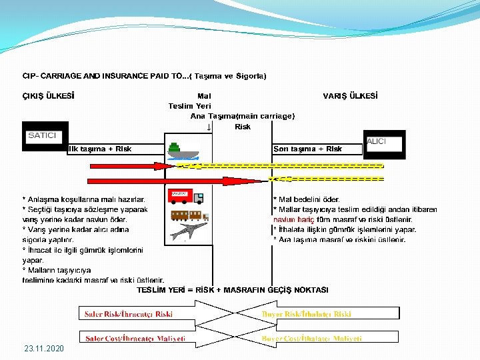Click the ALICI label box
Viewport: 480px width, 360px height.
(377, 141)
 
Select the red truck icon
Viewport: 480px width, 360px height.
(187, 196)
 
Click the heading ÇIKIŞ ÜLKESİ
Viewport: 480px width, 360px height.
(48, 95)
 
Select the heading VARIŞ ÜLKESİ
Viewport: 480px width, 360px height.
(350, 95)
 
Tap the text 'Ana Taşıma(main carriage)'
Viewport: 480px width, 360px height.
(242, 116)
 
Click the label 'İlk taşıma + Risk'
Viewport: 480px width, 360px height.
(99, 149)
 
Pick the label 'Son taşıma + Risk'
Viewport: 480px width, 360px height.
(308, 149)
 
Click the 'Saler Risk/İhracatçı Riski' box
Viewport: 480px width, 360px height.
(129, 313)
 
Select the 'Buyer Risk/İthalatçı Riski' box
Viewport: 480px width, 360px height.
(306, 313)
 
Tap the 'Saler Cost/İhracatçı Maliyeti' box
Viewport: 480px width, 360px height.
(134, 339)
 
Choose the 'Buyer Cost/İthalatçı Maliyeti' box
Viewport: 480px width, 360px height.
(311, 339)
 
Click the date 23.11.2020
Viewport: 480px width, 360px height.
(44, 349)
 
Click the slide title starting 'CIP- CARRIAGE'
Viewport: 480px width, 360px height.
(144, 76)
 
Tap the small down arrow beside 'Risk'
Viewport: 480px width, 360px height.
(209, 127)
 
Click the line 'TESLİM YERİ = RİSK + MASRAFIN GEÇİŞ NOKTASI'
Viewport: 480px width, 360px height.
(232, 290)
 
